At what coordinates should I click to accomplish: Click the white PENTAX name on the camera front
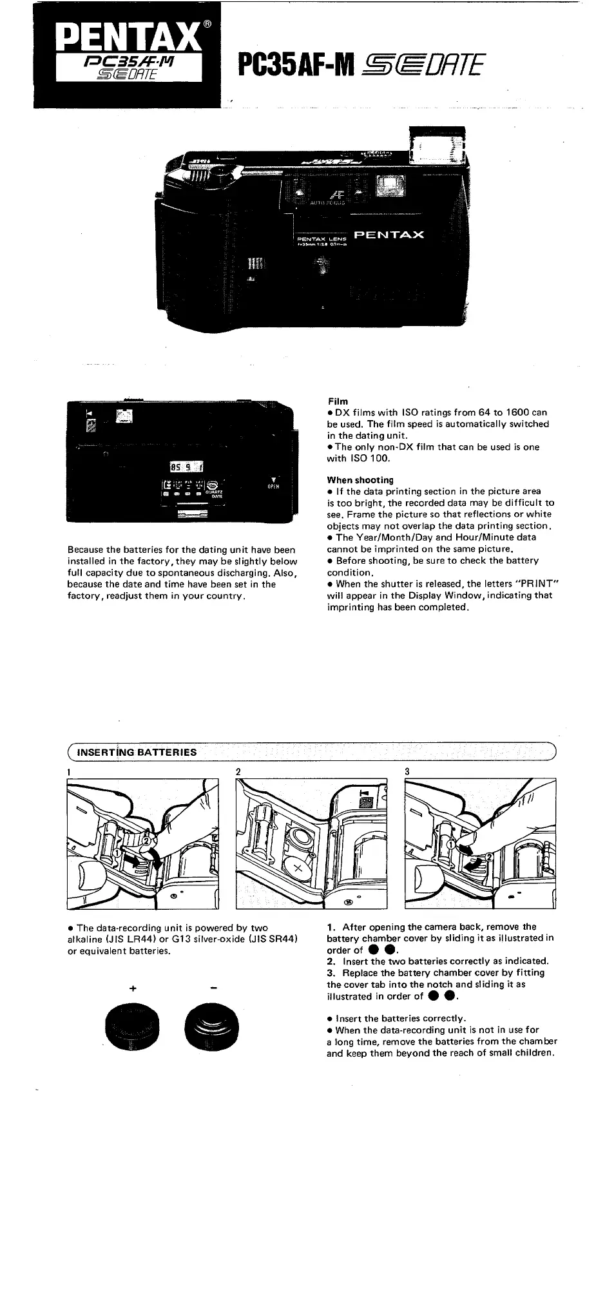coord(389,235)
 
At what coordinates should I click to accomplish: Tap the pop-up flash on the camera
coord(437,148)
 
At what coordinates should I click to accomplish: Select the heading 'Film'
coord(338,401)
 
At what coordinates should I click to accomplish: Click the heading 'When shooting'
coord(360,480)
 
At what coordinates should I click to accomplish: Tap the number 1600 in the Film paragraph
coord(517,412)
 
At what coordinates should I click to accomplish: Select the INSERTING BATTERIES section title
coord(137,752)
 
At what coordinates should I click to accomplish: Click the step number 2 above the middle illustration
coord(238,771)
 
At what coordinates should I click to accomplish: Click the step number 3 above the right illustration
coord(407,771)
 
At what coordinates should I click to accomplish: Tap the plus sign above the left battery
coord(132,988)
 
